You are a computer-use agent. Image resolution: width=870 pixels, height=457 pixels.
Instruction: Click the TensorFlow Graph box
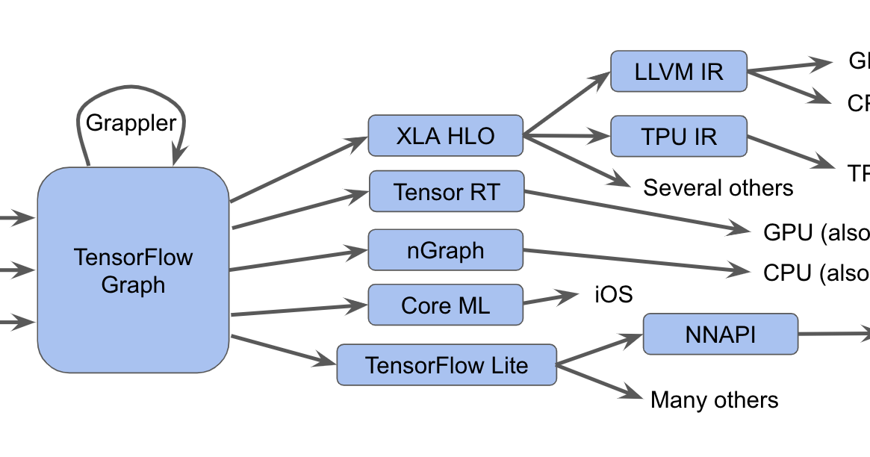point(133,270)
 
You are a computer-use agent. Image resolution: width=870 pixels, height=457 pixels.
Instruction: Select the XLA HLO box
point(446,136)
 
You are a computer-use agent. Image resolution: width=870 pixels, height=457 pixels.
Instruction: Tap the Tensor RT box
point(447,192)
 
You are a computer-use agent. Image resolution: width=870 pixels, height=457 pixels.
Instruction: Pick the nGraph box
point(446,250)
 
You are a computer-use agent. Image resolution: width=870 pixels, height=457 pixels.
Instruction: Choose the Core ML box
point(446,305)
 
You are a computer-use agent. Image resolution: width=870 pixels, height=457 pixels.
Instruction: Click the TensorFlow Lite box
point(446,365)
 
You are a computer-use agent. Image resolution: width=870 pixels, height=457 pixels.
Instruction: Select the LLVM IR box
point(678,72)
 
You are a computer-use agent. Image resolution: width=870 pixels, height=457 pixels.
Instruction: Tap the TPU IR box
point(678,137)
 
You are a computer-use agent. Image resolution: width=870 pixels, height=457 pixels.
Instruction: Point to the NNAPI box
point(720,335)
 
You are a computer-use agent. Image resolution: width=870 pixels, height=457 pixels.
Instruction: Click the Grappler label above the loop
point(131,122)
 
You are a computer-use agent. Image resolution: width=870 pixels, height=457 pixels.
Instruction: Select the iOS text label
point(613,294)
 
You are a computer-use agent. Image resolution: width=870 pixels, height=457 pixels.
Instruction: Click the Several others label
point(718,187)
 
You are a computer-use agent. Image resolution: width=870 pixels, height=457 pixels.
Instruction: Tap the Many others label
point(714,400)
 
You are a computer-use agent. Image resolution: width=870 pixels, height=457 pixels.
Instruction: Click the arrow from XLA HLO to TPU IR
point(568,137)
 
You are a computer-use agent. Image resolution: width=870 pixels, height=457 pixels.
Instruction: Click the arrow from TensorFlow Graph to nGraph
point(299,260)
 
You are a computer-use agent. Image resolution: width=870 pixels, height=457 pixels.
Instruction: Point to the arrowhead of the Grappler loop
point(178,157)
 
